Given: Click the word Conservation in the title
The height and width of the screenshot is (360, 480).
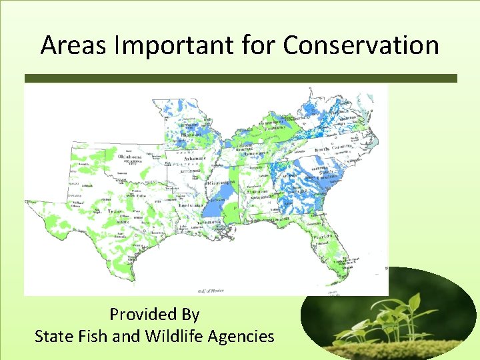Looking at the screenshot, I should [x=361, y=45].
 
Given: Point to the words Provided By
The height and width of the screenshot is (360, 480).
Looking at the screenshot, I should [x=155, y=314].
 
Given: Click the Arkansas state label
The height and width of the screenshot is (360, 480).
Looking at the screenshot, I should [x=194, y=159].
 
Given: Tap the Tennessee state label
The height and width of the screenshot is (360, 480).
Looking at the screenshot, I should [x=255, y=153].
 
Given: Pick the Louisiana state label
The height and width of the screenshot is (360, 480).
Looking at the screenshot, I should [x=190, y=205].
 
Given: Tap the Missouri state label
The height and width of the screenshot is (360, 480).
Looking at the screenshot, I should [x=191, y=133].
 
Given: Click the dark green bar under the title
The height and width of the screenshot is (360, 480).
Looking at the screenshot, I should [x=240, y=78].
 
